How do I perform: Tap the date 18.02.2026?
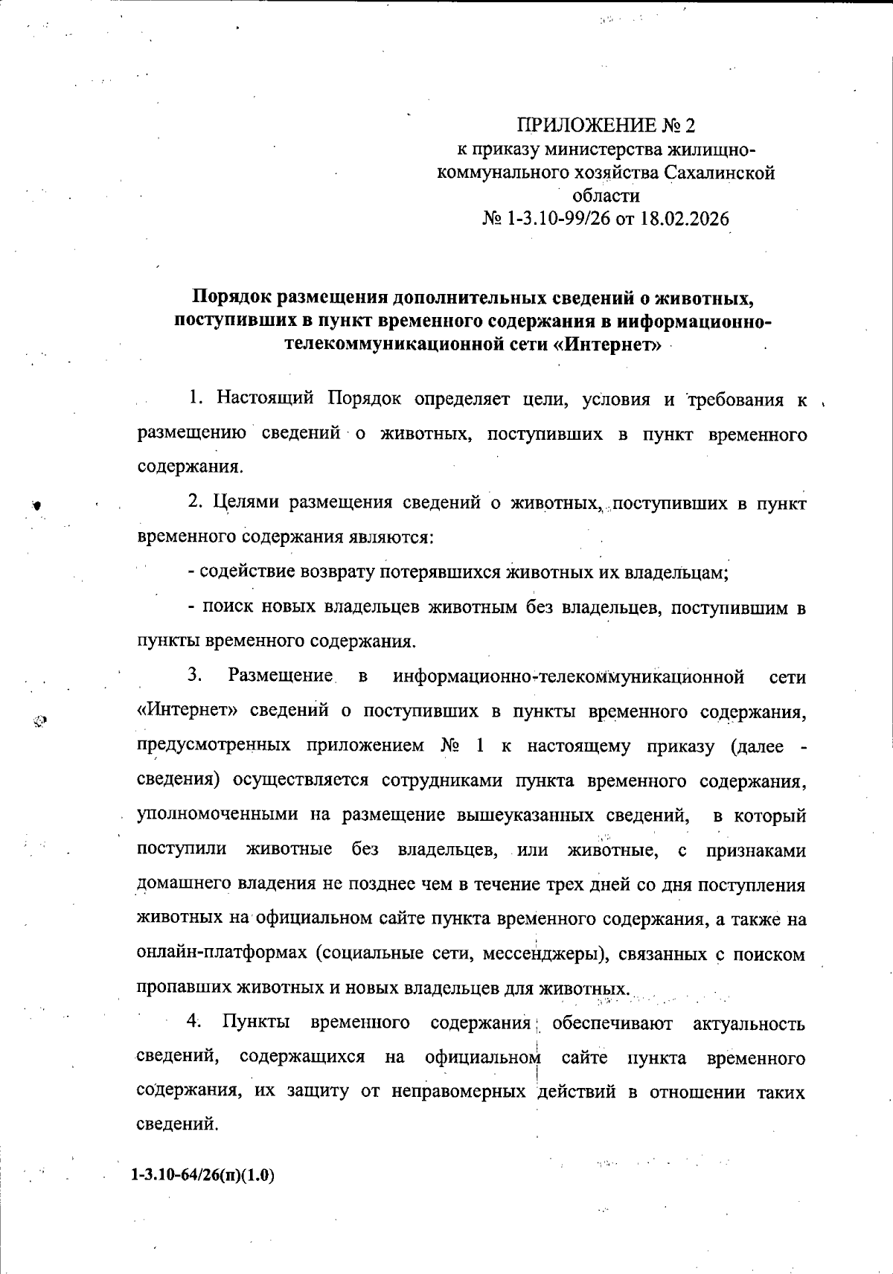tap(684, 220)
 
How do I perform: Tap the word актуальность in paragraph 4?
tap(749, 1023)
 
